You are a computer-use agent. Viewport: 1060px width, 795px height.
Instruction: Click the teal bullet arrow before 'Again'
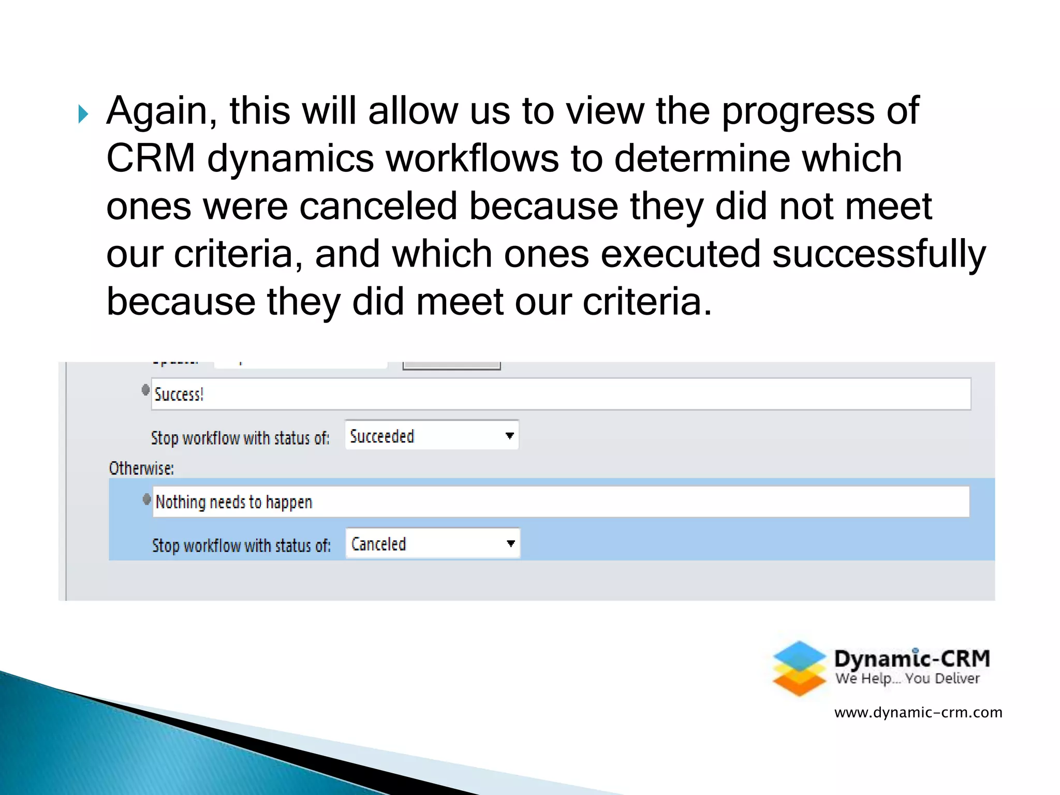(x=83, y=114)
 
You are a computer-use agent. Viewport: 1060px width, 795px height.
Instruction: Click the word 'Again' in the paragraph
(x=161, y=111)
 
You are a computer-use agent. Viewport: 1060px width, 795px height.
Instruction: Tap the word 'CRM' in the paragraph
(x=151, y=159)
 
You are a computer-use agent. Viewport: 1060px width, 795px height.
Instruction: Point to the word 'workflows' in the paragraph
(x=473, y=159)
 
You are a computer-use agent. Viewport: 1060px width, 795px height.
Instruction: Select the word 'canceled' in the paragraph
(x=378, y=207)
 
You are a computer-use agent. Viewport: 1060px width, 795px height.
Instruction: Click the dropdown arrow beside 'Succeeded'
(x=509, y=436)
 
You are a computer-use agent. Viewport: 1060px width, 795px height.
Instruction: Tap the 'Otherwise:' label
(x=141, y=468)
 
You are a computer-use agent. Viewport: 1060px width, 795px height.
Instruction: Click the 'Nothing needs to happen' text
(x=234, y=502)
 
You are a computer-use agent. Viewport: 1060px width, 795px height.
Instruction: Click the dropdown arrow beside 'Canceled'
(x=510, y=543)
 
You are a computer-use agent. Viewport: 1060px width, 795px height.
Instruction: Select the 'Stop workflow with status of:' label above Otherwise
(x=240, y=438)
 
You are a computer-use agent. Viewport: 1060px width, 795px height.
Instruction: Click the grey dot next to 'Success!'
(x=145, y=390)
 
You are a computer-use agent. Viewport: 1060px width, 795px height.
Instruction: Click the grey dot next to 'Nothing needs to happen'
(x=146, y=499)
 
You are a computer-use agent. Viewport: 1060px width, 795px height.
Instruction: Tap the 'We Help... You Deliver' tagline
(x=907, y=679)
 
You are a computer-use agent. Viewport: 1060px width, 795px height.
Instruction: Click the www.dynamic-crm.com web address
(x=918, y=713)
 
